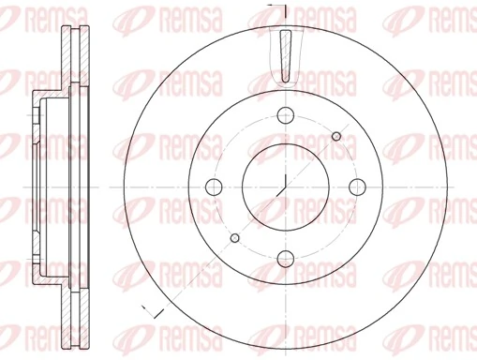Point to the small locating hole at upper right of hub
tap(335, 138)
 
